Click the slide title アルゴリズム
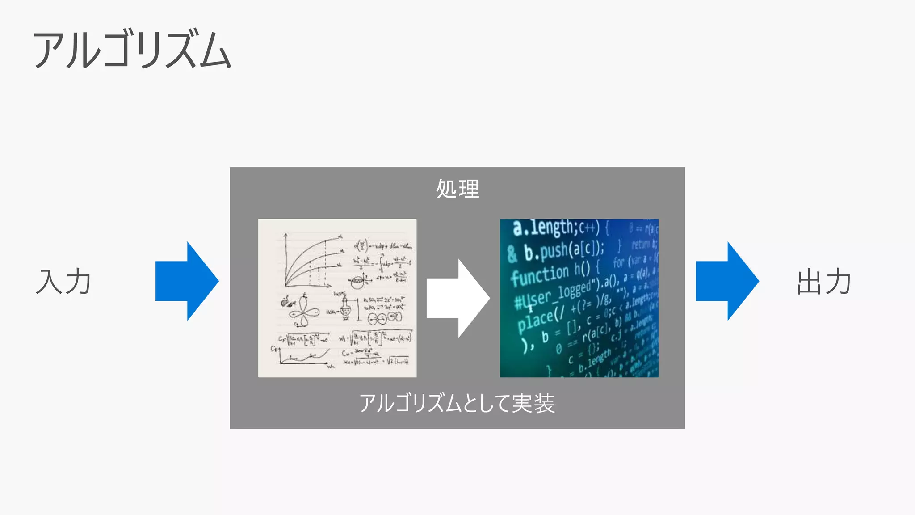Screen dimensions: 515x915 132,50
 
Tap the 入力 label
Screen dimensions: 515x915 63,282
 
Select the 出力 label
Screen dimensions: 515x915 824,282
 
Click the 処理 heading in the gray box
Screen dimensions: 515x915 457,189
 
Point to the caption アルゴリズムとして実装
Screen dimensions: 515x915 457,403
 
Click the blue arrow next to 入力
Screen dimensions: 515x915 187,281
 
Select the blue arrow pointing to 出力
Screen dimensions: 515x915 727,281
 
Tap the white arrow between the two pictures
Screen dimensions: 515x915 458,298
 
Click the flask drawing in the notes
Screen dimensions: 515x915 346,308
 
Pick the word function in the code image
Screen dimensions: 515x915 540,274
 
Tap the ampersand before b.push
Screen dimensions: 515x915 512,254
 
